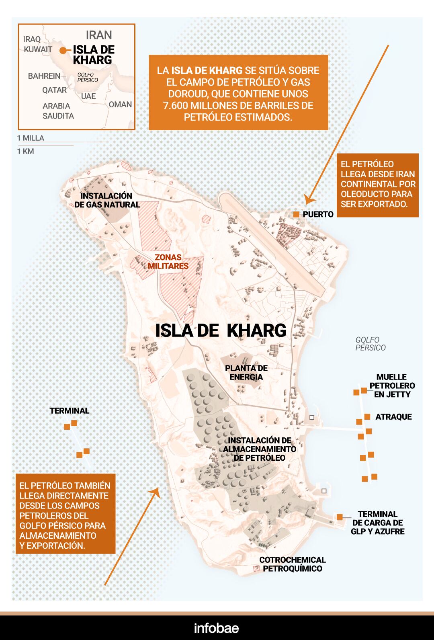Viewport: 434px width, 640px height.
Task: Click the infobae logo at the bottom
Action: point(216,628)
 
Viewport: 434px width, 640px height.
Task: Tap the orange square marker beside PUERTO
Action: point(296,214)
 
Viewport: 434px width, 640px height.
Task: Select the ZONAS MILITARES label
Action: point(168,261)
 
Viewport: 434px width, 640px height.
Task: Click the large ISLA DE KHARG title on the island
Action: point(221,330)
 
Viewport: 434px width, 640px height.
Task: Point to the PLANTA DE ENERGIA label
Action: point(246,372)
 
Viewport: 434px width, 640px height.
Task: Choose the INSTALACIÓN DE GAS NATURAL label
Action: point(107,200)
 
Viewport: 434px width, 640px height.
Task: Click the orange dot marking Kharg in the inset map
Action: point(62,51)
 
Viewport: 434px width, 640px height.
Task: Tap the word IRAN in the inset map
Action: point(98,35)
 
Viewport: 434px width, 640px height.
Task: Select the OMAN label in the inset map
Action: point(120,104)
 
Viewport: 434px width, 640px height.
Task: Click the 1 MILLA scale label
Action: point(31,138)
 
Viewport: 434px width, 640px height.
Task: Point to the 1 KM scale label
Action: point(25,151)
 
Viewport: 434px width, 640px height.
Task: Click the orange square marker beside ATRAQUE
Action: point(367,417)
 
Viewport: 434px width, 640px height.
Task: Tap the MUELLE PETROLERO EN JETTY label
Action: point(392,386)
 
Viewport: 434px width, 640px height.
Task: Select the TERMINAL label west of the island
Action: point(69,410)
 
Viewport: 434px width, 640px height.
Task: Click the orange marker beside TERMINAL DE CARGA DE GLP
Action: point(340,517)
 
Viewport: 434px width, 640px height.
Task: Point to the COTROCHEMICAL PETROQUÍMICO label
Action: point(292,564)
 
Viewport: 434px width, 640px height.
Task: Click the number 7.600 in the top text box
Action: point(176,105)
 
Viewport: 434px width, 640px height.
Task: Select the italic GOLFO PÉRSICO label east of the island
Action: point(370,344)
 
